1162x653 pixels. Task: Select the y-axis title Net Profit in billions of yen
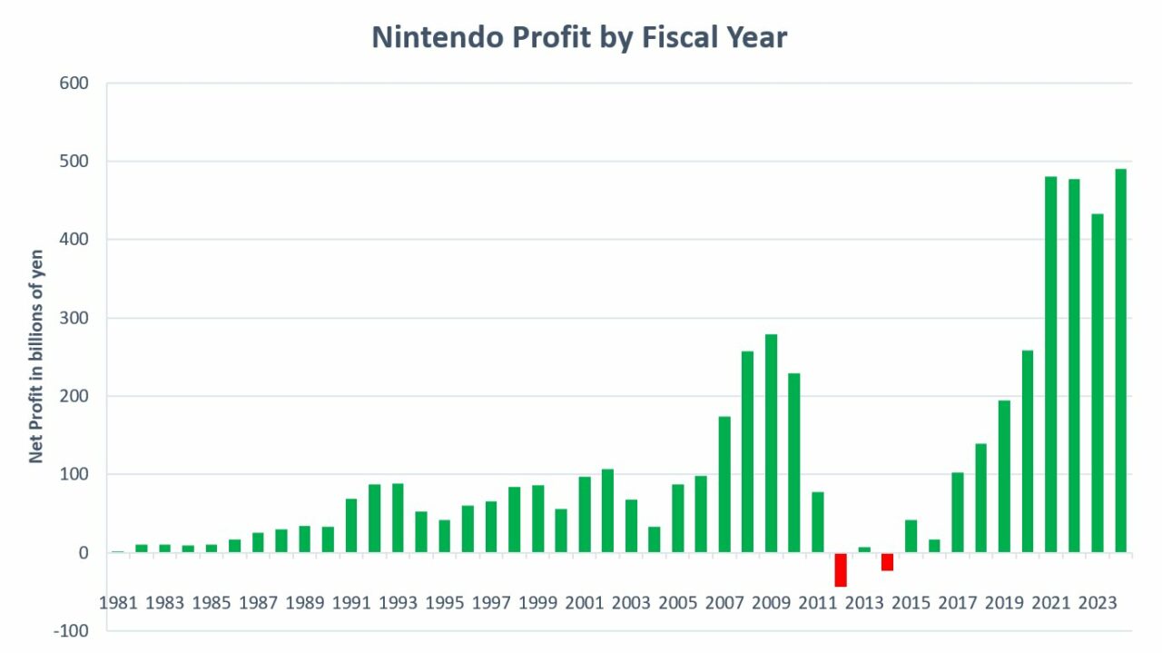(36, 356)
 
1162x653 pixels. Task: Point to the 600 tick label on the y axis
(74, 84)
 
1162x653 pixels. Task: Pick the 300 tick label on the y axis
(74, 319)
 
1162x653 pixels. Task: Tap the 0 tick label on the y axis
(83, 553)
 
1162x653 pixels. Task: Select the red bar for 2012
(841, 569)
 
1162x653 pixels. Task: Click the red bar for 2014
(887, 561)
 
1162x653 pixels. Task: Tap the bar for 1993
(399, 518)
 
